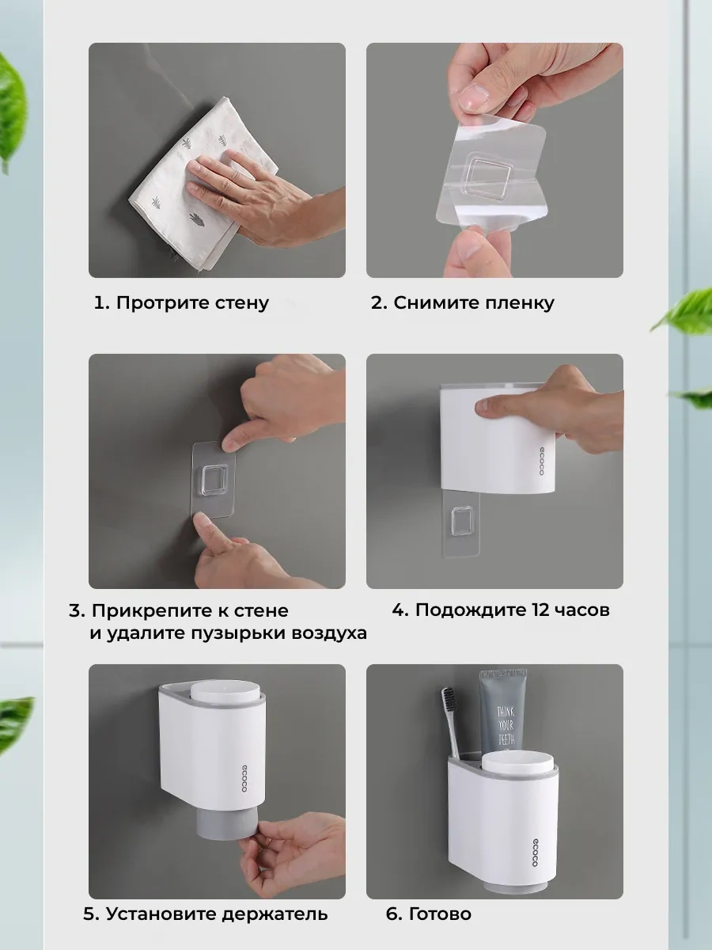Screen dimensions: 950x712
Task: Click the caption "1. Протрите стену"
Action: (181, 303)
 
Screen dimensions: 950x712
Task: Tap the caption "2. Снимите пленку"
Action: (462, 303)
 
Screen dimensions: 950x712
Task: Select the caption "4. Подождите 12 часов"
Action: (501, 610)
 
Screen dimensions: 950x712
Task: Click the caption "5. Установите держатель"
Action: (205, 914)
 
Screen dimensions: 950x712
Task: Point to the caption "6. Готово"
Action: (428, 914)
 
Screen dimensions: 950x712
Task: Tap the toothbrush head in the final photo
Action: (449, 705)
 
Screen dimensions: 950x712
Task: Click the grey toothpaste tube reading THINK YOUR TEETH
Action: (503, 712)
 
